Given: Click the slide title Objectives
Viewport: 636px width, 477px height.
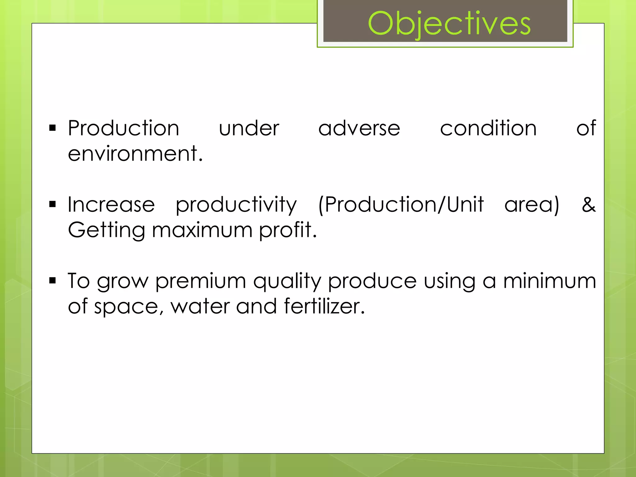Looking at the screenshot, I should (449, 24).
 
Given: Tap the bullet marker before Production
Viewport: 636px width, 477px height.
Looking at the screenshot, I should (52, 128).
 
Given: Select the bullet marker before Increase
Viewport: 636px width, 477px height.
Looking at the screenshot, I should (52, 204).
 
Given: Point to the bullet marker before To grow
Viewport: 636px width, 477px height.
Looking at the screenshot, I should (52, 281).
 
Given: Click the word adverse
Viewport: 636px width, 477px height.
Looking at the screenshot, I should (359, 128).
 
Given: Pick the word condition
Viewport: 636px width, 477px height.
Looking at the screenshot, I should (488, 128).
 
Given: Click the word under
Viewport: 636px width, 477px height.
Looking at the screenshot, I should (249, 128).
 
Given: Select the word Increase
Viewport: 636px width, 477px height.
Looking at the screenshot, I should (111, 205).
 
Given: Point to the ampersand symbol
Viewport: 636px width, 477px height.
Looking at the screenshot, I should (588, 205).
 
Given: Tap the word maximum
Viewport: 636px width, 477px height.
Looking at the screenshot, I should (202, 230).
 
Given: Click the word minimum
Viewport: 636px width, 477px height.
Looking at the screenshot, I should (549, 281).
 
